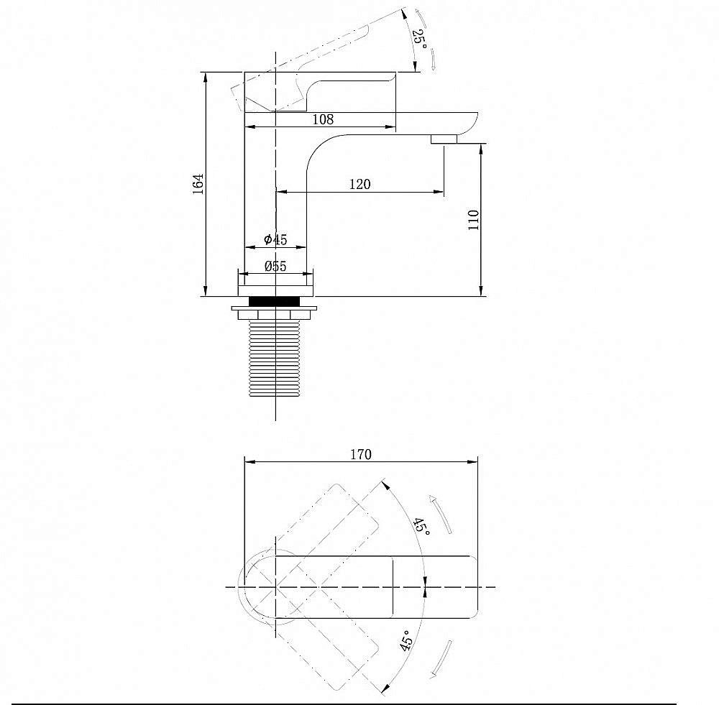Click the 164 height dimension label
tap(198, 184)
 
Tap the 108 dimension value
tap(323, 119)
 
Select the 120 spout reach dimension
tap(360, 184)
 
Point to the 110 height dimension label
tap(473, 220)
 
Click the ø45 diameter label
tap(275, 239)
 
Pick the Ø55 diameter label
tap(275, 266)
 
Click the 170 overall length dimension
tap(361, 454)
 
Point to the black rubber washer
tap(274, 301)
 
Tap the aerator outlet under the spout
tap(444, 139)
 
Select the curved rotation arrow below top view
tap(441, 659)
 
